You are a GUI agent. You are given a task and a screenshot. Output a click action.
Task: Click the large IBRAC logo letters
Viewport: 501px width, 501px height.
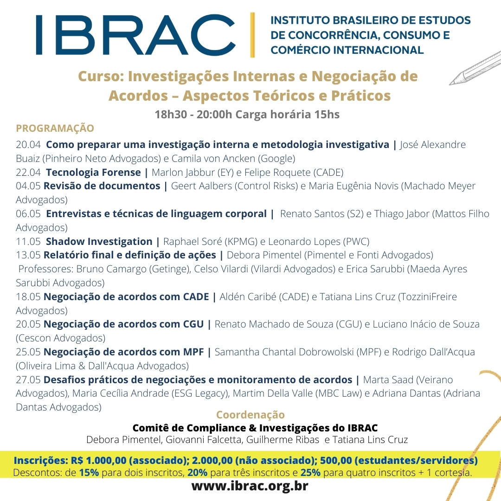pyautogui.click(x=135, y=35)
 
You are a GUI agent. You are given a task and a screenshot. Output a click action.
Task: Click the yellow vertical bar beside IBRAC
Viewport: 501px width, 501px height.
pyautogui.click(x=252, y=35)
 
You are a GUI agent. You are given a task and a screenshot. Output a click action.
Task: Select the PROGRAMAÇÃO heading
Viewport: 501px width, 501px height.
pyautogui.click(x=55, y=128)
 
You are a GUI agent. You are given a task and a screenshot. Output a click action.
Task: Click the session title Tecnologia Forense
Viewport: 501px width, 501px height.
pyautogui.click(x=93, y=173)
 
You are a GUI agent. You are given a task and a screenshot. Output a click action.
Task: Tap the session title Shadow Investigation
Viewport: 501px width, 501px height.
pyautogui.click(x=99, y=241)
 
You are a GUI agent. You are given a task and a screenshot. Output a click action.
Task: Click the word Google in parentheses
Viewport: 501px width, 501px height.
pyautogui.click(x=276, y=159)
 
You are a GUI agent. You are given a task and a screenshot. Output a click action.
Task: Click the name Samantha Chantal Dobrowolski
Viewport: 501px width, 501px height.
pyautogui.click(x=284, y=352)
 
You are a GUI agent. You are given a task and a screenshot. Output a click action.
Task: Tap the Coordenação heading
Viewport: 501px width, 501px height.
pyautogui.click(x=250, y=415)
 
